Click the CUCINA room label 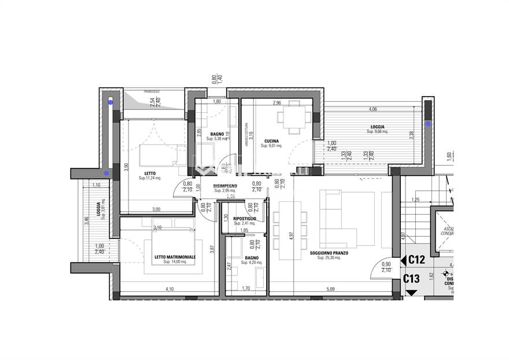[x=272, y=141]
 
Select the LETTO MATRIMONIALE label [x=175, y=257]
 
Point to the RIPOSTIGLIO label [x=245, y=218]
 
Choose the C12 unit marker [x=416, y=260]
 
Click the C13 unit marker [x=411, y=278]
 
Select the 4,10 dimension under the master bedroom [x=169, y=288]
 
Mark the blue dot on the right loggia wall [x=428, y=124]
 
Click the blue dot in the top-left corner [x=110, y=102]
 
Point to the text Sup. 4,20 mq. [x=251, y=262]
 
